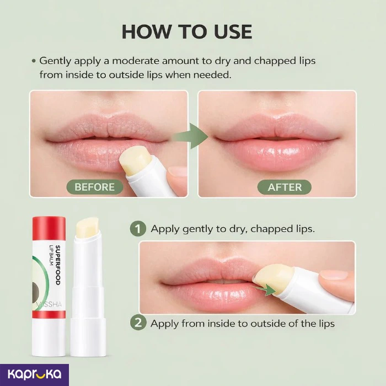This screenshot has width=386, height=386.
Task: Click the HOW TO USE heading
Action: click(x=187, y=32)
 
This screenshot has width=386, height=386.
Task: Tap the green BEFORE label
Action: click(x=95, y=187)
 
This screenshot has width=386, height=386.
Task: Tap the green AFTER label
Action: click(x=285, y=187)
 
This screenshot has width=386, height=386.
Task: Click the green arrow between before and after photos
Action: click(x=191, y=136)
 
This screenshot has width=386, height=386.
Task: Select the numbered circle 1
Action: click(x=138, y=228)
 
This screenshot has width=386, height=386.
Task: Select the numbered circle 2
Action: click(x=138, y=323)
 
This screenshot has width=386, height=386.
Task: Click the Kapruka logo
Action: click(x=34, y=374)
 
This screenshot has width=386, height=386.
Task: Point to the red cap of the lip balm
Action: click(x=49, y=228)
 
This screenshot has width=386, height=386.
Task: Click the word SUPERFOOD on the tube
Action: click(x=58, y=265)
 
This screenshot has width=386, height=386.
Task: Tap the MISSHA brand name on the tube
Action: click(x=49, y=304)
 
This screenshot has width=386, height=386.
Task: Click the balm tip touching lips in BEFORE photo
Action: click(x=136, y=159)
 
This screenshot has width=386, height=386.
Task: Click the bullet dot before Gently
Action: click(x=34, y=61)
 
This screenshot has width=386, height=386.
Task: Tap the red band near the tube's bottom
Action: click(x=49, y=314)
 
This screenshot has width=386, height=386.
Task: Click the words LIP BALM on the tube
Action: click(x=51, y=255)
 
